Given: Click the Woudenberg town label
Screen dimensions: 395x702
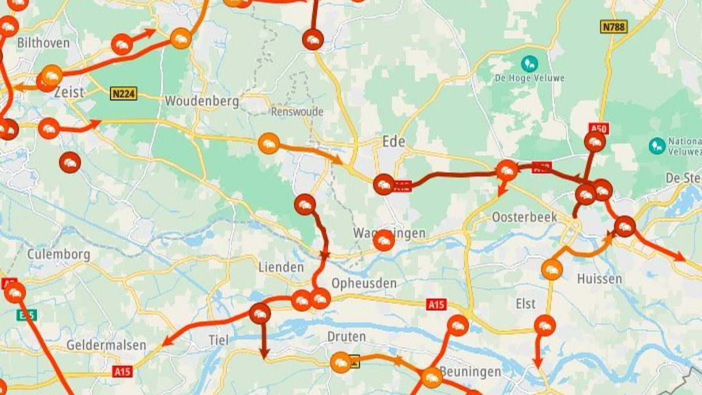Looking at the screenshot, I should [202, 101].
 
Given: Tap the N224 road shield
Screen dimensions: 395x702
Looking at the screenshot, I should [123, 93].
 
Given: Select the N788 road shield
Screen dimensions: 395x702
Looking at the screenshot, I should [614, 26].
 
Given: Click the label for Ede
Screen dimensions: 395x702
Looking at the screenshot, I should [394, 142].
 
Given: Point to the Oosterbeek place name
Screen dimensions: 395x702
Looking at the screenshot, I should [522, 217].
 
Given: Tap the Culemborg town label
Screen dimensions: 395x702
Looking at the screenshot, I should [58, 255].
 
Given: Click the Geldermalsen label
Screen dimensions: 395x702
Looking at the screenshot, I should [106, 345].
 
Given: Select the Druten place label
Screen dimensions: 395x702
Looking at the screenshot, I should [346, 337].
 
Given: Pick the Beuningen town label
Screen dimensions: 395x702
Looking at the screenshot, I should [470, 372].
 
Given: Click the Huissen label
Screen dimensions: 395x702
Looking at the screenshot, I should [600, 279].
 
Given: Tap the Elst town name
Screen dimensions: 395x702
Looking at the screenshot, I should [525, 304].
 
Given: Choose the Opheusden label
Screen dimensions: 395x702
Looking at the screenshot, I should [364, 284].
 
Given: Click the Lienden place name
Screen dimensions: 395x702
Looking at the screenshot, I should [281, 267].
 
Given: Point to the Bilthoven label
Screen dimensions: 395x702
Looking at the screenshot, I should [43, 43].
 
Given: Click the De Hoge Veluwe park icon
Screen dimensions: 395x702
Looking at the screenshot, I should [529, 62].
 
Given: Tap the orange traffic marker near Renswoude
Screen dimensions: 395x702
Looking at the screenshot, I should [269, 143].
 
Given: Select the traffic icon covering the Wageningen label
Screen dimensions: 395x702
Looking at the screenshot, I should [383, 240].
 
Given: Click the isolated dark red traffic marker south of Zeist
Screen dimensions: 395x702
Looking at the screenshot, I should [70, 162].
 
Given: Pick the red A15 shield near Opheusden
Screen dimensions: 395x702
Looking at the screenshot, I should [436, 304].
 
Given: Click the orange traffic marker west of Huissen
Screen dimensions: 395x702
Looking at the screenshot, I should [552, 269].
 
